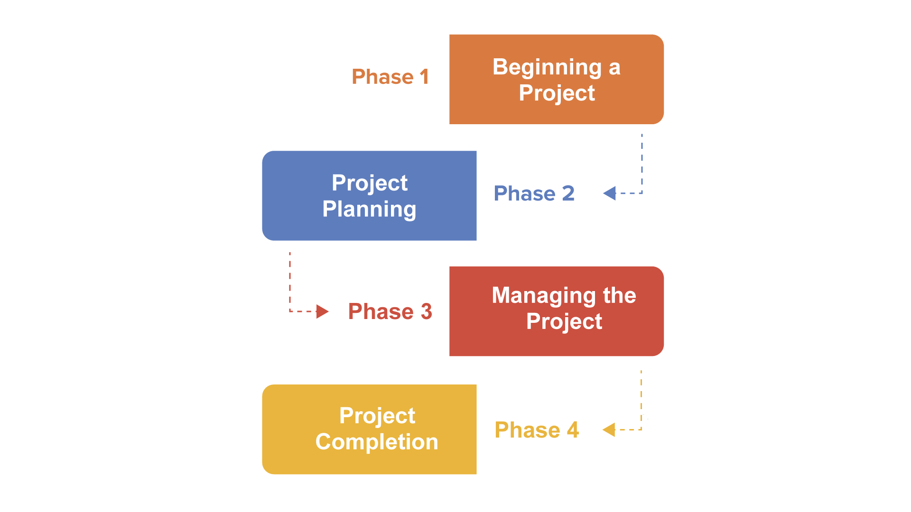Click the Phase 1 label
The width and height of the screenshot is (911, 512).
point(390,77)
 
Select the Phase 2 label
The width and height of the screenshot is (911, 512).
point(534,193)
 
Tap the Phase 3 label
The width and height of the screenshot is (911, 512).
point(390,311)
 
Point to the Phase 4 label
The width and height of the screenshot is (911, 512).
point(536,430)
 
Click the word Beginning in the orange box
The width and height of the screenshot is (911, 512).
point(547,68)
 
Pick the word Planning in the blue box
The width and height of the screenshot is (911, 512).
point(369,210)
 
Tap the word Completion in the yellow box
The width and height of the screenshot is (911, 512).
point(377,442)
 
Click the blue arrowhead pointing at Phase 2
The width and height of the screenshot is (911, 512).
point(610,193)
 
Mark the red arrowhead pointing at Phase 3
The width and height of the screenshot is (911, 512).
point(322,311)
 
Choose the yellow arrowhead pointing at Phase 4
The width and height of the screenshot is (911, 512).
point(609,430)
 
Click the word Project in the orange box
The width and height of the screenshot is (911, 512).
point(557,93)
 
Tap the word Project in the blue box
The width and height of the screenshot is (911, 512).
point(370,183)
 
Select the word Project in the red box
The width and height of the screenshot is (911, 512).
point(564,322)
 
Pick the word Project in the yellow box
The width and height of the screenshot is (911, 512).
point(377,416)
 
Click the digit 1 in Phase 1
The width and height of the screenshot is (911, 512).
point(424,77)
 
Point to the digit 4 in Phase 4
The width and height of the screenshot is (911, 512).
point(573,430)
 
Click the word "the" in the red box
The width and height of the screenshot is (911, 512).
point(619,295)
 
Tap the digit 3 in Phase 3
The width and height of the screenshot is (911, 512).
point(426,311)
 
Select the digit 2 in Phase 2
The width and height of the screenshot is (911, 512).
point(568,193)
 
